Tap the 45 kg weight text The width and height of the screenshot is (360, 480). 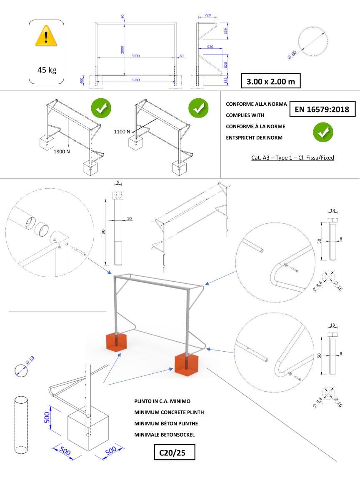click(x=47, y=70)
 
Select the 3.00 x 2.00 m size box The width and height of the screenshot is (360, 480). click(x=270, y=81)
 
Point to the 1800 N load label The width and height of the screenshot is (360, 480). click(x=61, y=151)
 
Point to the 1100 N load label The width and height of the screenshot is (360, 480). click(x=122, y=131)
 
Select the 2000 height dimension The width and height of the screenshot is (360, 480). click(x=122, y=50)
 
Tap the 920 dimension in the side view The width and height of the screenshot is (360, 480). click(x=210, y=47)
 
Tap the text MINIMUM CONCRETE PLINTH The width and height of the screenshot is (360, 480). click(x=169, y=412)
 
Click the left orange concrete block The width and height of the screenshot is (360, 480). click(x=117, y=341)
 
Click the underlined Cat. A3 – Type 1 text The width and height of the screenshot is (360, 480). click(x=292, y=157)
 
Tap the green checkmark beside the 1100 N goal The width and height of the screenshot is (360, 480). click(x=198, y=108)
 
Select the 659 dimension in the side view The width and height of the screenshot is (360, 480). click(x=226, y=31)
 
